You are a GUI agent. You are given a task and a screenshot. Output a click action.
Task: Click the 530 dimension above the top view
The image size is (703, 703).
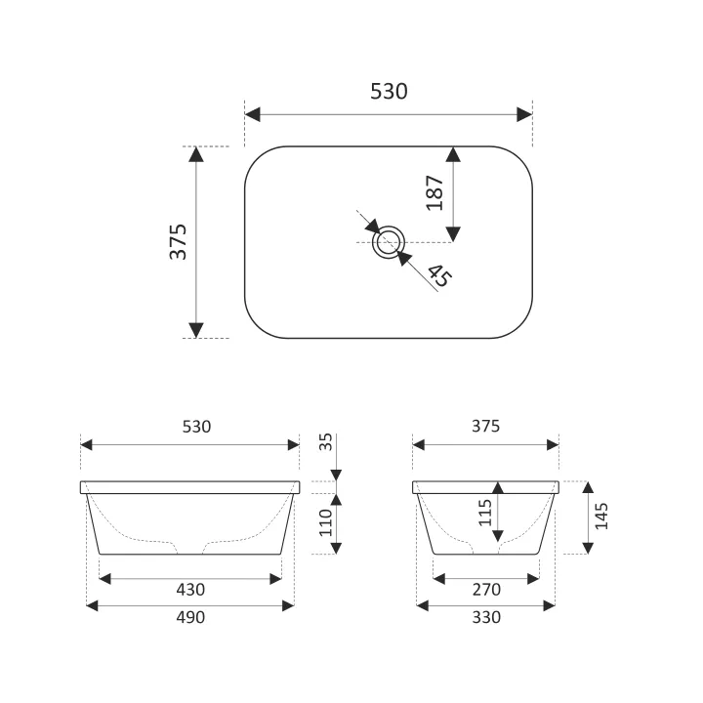coord(389,91)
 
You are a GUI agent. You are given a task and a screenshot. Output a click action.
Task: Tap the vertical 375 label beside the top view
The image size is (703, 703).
coord(178,242)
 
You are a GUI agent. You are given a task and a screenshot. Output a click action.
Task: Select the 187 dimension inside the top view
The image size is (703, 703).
coord(434,192)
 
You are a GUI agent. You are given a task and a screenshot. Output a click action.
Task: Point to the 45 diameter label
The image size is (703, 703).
coord(439,275)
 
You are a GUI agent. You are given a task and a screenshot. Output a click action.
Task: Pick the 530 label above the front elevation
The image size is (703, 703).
coord(196,427)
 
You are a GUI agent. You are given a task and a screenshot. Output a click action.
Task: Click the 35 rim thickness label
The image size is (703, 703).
coord(325,441)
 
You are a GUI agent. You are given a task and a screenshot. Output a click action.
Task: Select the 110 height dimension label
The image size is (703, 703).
coord(325,522)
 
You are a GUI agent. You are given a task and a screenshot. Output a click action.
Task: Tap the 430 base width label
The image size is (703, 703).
coord(190,589)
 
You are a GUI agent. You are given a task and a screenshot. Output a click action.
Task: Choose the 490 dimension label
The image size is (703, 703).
coord(190,617)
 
